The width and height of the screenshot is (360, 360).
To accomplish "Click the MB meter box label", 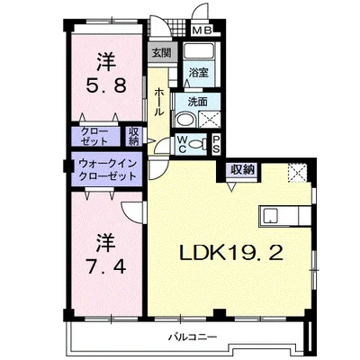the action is [x=202, y=31].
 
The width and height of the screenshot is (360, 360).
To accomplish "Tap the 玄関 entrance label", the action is [x=161, y=53].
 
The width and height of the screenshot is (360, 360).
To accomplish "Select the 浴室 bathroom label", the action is [x=199, y=72].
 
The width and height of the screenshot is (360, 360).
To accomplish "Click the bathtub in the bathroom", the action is [x=198, y=51].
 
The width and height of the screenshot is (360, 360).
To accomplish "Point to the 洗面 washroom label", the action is [x=198, y=102].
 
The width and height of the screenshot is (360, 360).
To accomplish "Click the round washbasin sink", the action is [x=185, y=120].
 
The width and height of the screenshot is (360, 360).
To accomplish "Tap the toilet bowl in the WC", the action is [x=198, y=144].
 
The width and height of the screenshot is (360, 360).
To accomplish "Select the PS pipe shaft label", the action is [x=216, y=144].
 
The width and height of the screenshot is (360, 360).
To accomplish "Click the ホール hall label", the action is [x=158, y=103].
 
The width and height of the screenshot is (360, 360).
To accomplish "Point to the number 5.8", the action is [x=106, y=85].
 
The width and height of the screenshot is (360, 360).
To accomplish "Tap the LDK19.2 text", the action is [x=231, y=253].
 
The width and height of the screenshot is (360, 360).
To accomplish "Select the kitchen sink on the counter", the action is [x=271, y=216].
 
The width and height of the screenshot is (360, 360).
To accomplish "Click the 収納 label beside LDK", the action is [x=242, y=170].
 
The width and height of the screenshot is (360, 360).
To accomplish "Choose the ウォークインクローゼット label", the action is [x=107, y=170].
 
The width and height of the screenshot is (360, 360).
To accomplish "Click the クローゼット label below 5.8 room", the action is [x=94, y=136].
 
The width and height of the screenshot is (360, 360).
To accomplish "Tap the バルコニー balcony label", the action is [x=193, y=337].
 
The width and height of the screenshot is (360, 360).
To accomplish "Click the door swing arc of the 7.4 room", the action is [x=128, y=214].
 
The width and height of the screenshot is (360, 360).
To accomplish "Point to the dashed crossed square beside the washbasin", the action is [x=210, y=119].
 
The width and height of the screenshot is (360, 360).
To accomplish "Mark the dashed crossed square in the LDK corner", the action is [x=297, y=173].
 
